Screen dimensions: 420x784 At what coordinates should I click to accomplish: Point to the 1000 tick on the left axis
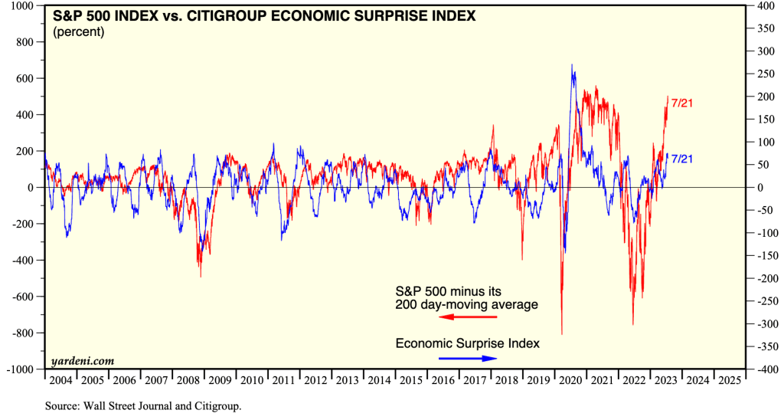(x=22, y=5)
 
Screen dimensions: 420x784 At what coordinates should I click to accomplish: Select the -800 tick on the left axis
(x=22, y=333)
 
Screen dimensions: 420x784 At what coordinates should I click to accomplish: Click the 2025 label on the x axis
(x=729, y=380)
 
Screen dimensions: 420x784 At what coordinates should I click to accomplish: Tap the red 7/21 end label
(x=681, y=103)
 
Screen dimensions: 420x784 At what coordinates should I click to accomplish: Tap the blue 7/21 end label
(x=681, y=159)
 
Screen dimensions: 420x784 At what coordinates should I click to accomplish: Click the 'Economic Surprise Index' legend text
(x=467, y=343)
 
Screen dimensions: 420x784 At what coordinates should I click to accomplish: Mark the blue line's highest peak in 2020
(x=573, y=65)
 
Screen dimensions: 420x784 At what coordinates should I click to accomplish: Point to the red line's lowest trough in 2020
(x=562, y=334)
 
